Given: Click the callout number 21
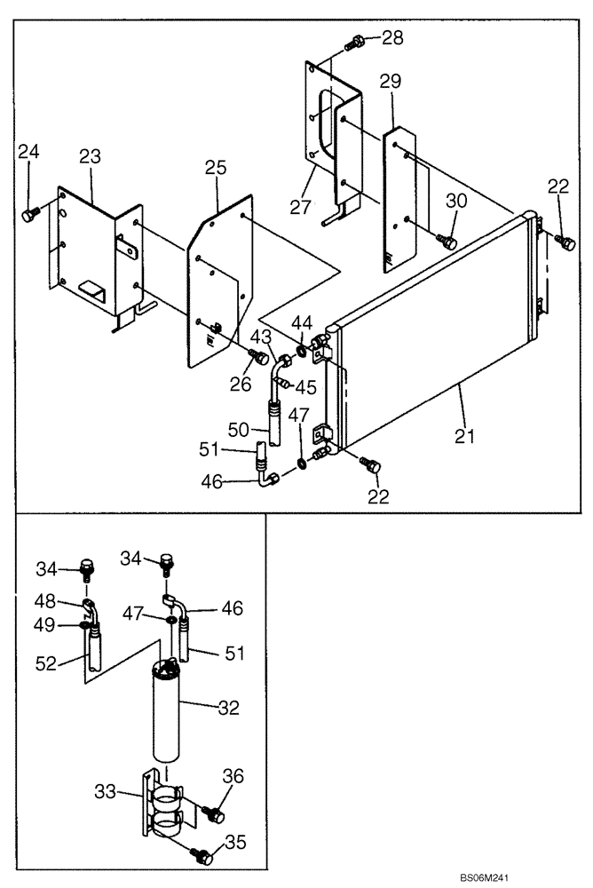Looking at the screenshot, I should (465, 436).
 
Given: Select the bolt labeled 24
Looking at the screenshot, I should (28, 215).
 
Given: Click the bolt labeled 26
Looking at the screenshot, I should (259, 357).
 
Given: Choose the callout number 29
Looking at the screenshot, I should (391, 82).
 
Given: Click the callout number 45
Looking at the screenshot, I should (306, 388).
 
